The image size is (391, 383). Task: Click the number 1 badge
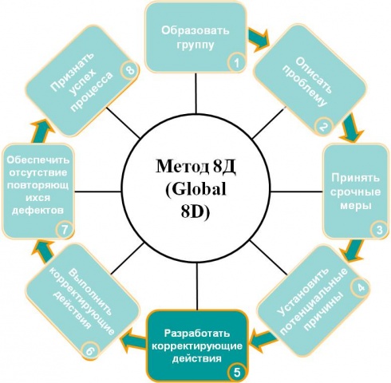[236, 63]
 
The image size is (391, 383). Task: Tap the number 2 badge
[323, 127]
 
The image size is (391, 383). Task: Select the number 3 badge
[380, 230]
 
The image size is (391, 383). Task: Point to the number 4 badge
[361, 288]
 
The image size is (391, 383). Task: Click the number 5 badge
[237, 373]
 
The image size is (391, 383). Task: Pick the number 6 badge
[90, 350]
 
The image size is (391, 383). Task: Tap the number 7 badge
[65, 230]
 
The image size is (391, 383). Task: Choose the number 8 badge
[129, 70]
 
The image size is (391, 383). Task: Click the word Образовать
[195, 30]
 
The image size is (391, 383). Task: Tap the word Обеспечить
[38, 160]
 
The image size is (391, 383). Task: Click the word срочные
[355, 192]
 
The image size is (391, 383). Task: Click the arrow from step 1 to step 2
[259, 39]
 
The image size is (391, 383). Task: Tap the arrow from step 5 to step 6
[132, 338]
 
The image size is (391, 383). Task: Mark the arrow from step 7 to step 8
[42, 132]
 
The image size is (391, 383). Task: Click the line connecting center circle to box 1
[196, 93]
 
